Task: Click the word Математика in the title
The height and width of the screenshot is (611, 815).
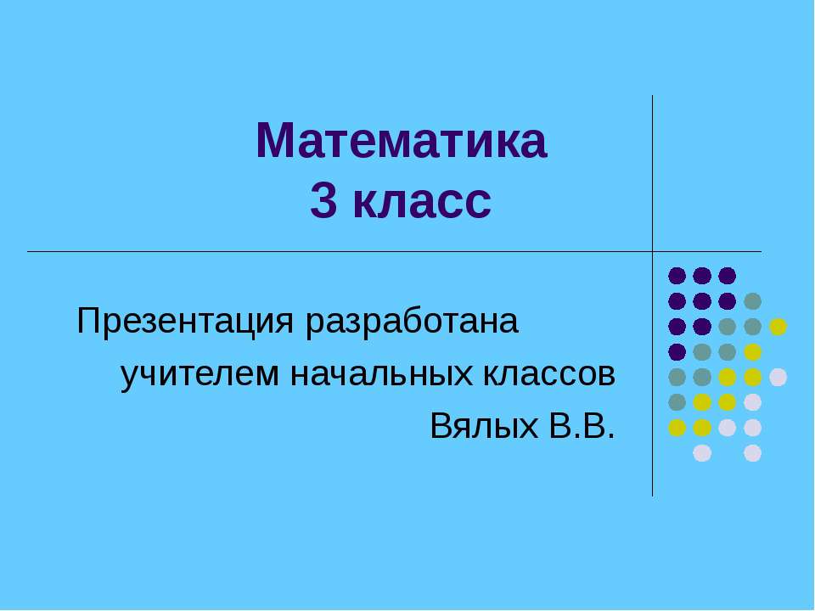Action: coord(402,142)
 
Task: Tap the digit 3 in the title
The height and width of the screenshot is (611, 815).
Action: coord(322,202)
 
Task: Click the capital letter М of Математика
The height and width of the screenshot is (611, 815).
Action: coord(273,142)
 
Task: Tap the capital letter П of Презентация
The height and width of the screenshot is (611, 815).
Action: coord(88,322)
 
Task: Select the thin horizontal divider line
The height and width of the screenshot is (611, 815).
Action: coord(340,252)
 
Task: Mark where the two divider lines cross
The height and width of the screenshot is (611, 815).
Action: coord(652,252)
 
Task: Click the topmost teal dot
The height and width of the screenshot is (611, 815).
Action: coord(752,300)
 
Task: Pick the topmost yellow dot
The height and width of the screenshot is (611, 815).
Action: coord(778,326)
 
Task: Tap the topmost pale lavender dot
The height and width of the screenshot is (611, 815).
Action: coord(778,377)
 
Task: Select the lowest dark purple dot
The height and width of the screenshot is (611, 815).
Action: coord(677,351)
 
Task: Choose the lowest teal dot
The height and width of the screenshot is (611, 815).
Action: coord(677,402)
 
